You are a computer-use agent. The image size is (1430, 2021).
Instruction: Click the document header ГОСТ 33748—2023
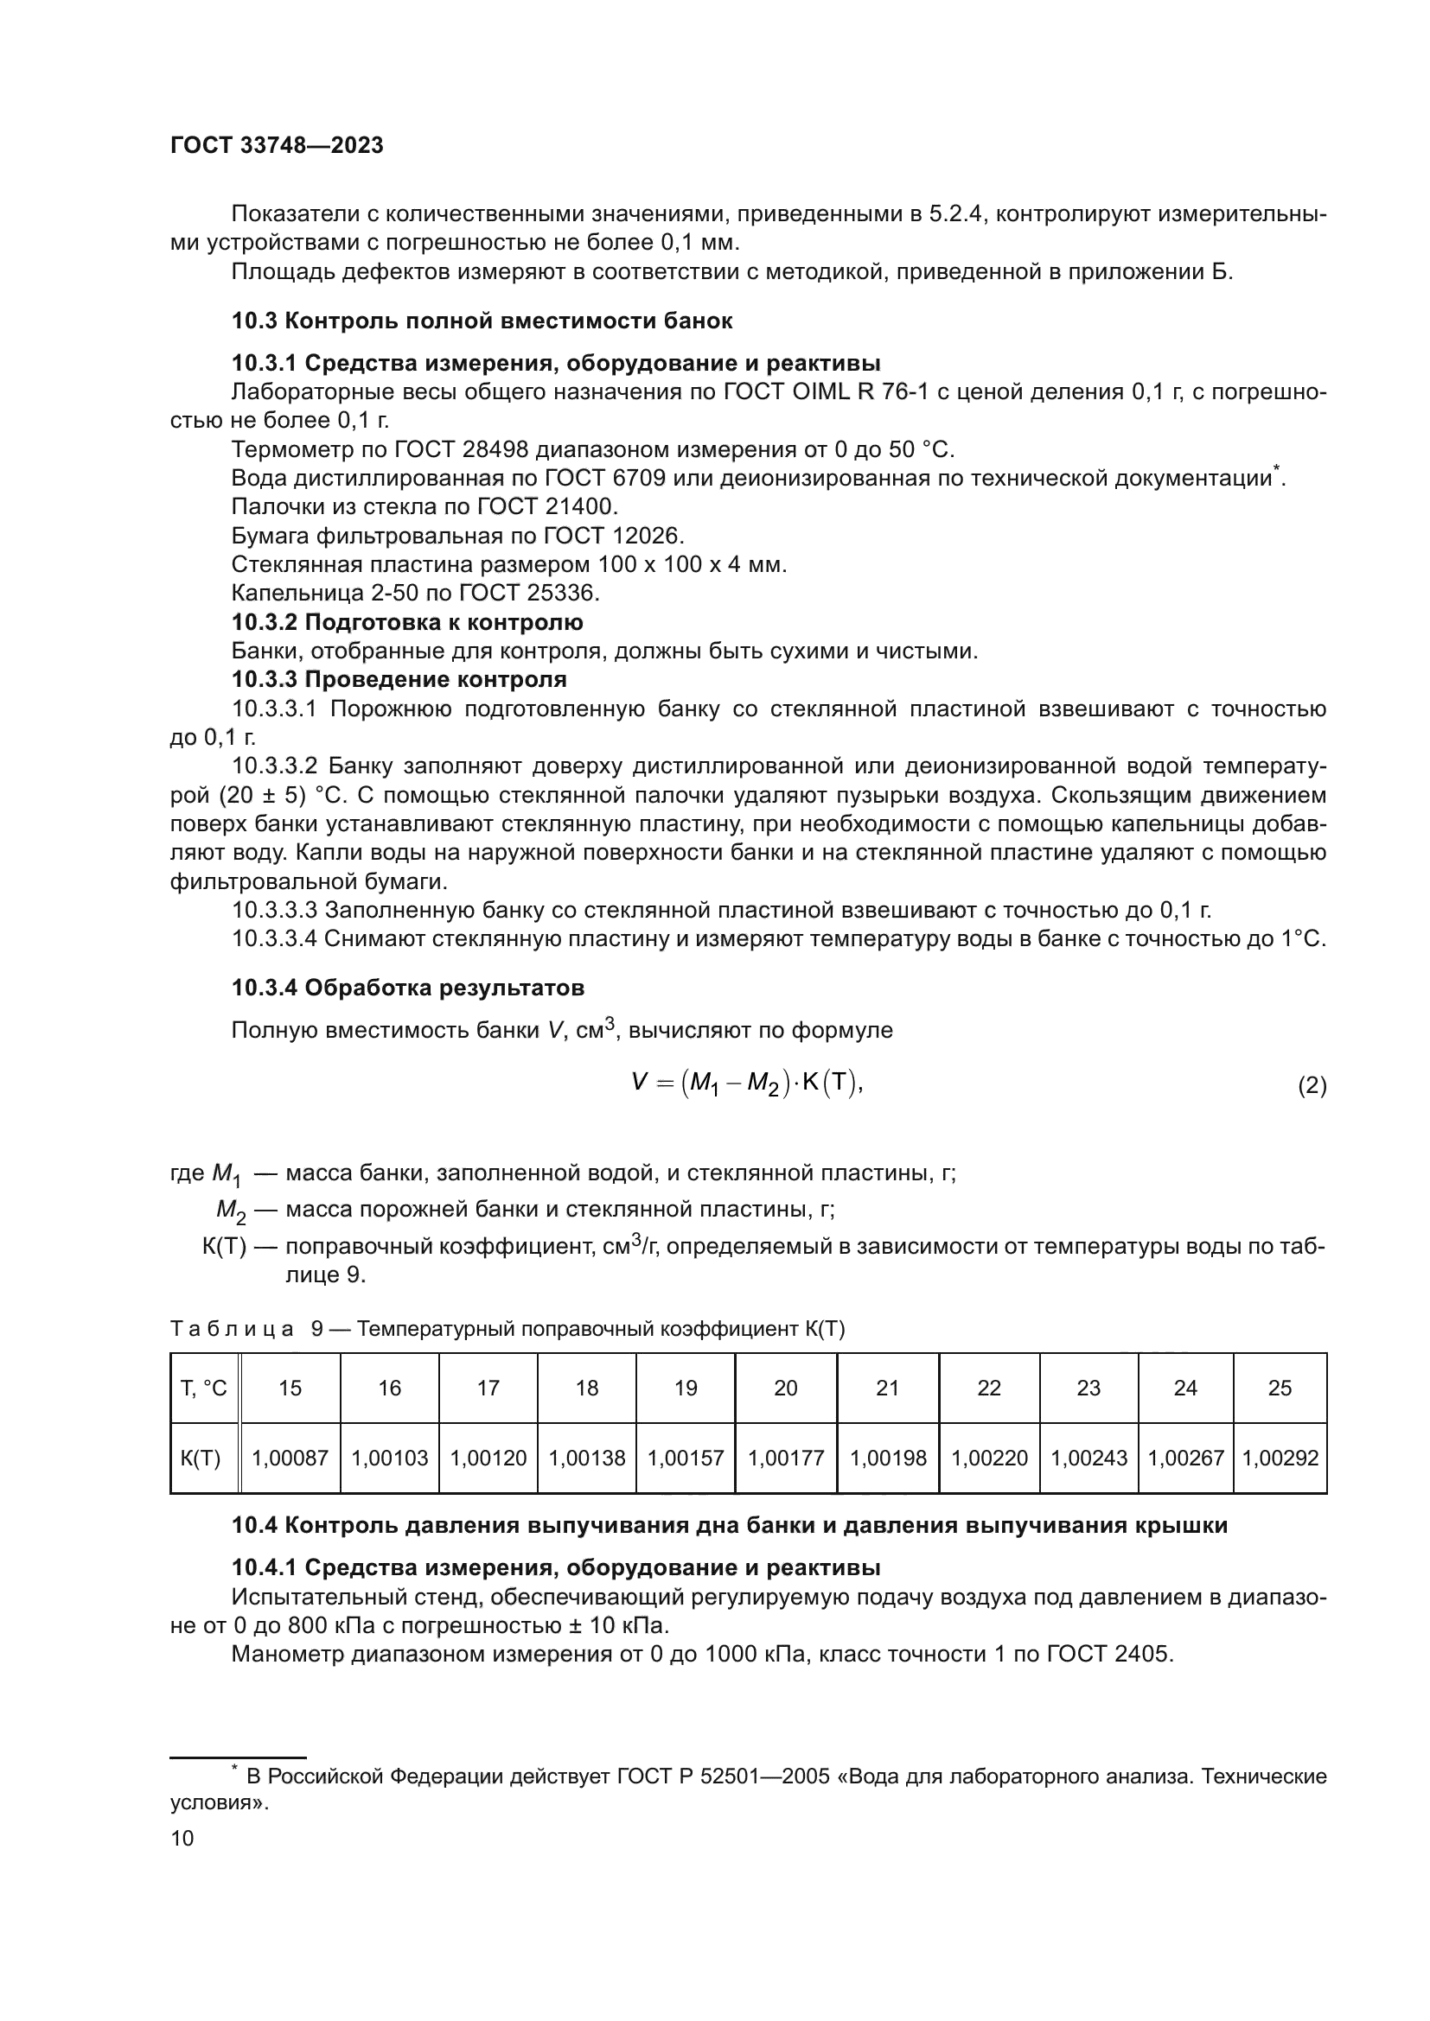[277, 146]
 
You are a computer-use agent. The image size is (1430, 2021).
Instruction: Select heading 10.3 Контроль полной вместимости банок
[482, 321]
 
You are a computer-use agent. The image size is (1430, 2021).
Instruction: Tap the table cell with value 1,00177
[785, 1459]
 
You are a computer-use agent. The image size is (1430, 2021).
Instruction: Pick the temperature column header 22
[989, 1389]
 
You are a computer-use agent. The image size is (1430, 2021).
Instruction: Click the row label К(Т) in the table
[201, 1459]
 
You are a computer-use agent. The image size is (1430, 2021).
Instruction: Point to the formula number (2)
[1312, 1086]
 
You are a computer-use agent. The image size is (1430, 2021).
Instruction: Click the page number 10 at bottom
[182, 1839]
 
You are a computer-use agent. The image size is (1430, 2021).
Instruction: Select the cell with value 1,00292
[1280, 1459]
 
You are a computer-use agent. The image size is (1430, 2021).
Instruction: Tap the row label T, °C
[203, 1389]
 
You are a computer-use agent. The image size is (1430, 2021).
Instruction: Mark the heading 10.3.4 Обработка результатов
[408, 988]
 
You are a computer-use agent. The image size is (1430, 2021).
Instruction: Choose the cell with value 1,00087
[290, 1459]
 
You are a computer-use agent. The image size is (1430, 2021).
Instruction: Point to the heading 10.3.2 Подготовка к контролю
[407, 623]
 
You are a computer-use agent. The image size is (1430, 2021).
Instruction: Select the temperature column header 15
[290, 1389]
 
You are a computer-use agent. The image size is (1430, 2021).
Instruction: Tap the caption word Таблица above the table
[232, 1329]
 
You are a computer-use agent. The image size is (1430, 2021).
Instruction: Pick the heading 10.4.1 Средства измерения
[556, 1567]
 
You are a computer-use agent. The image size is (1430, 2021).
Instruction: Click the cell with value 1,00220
[989, 1459]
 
